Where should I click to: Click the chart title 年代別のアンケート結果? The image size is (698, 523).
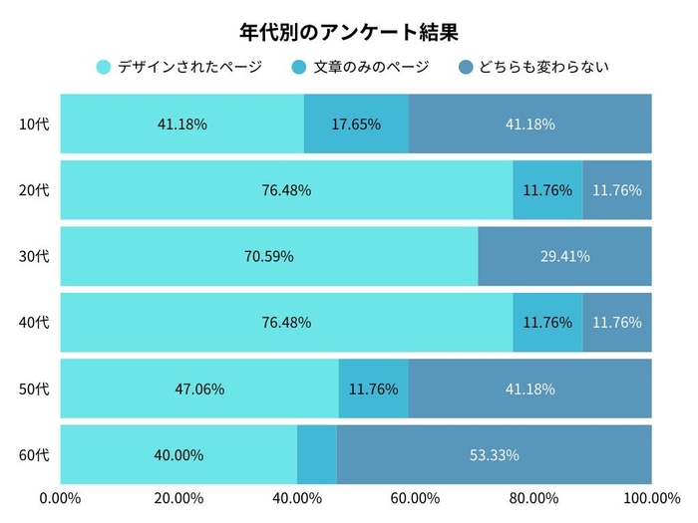click(x=349, y=32)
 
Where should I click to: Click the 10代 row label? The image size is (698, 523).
click(x=34, y=125)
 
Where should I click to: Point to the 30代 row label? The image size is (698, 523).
click(x=34, y=256)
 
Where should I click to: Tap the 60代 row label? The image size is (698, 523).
click(x=34, y=455)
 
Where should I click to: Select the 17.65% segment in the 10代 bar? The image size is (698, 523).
click(x=356, y=125)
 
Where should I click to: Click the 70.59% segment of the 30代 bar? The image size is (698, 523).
click(x=268, y=256)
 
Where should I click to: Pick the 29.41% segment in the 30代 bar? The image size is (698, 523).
click(x=564, y=256)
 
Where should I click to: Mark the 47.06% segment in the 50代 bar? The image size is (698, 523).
click(x=199, y=389)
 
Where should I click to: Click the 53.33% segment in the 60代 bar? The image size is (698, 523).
click(x=494, y=455)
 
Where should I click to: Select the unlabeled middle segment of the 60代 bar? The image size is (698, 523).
click(x=317, y=455)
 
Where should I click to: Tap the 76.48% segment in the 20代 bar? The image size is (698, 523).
click(x=286, y=189)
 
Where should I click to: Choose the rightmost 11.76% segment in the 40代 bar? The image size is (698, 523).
click(x=617, y=322)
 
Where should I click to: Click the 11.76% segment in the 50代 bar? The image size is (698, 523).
click(x=374, y=389)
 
